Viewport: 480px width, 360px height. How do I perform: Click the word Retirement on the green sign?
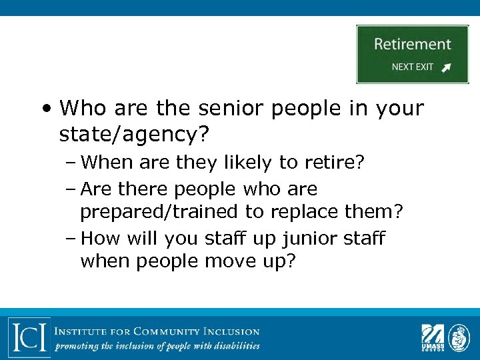(412, 45)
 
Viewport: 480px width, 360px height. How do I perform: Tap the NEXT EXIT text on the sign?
(412, 67)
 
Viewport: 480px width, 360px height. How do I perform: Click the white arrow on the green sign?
(446, 67)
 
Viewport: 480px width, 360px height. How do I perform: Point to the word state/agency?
(134, 135)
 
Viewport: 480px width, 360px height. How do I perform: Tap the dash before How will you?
(71, 239)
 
